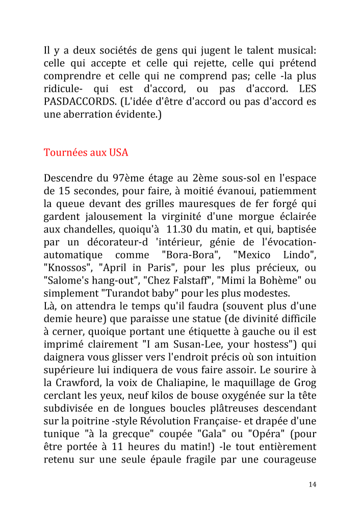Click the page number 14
pos(312,484)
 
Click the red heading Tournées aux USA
pos(86,152)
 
